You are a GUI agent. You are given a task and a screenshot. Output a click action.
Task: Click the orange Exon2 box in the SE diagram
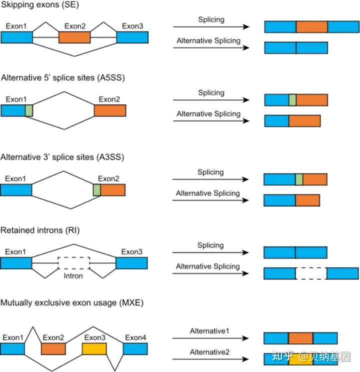pos(74,37)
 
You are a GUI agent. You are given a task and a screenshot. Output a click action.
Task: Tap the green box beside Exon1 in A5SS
pos(29,110)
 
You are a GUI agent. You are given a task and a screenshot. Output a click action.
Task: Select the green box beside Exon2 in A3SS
pos(96,189)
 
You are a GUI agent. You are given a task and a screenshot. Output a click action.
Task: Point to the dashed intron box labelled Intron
pos(73,263)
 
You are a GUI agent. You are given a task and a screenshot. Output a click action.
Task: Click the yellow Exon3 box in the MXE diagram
pos(94,348)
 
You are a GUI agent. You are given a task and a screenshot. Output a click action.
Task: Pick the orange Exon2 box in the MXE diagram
pos(53,348)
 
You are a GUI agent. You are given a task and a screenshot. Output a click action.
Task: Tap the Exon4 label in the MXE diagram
pos(135,338)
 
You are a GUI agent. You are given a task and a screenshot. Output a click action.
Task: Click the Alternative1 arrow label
pos(209,331)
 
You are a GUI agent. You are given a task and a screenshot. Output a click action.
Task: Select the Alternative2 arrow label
pos(209,352)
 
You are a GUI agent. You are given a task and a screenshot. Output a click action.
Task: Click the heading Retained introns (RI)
pos(40,230)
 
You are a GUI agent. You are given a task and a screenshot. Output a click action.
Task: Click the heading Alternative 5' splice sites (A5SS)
pos(62,77)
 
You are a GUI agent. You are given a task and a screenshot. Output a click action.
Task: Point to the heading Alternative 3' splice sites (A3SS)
pos(62,157)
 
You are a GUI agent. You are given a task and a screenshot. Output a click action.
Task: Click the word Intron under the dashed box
pos(73,275)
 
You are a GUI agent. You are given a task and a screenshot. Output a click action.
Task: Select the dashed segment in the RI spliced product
pos(311,273)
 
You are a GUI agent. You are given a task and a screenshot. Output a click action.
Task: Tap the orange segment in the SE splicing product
pos(311,27)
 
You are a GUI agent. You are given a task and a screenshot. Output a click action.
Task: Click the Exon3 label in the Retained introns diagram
pos(131,251)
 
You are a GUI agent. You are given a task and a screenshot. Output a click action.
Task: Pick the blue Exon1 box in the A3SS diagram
pos(16,189)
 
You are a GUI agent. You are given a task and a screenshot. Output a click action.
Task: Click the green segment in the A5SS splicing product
pos(292,100)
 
